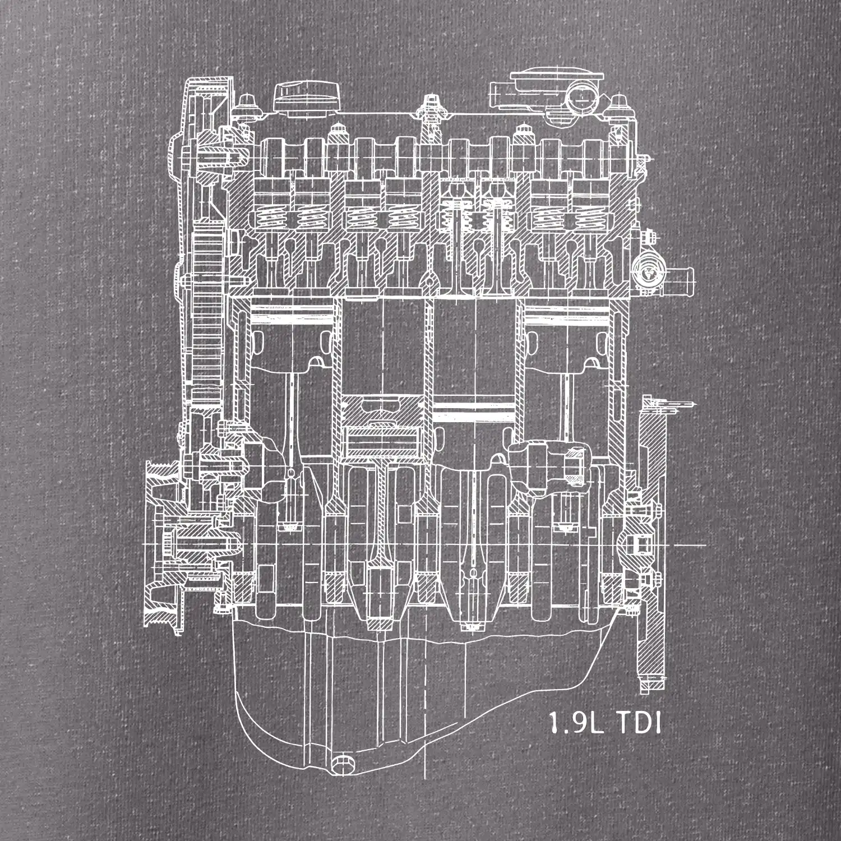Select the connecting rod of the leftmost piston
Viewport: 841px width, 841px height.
pos(291,426)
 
